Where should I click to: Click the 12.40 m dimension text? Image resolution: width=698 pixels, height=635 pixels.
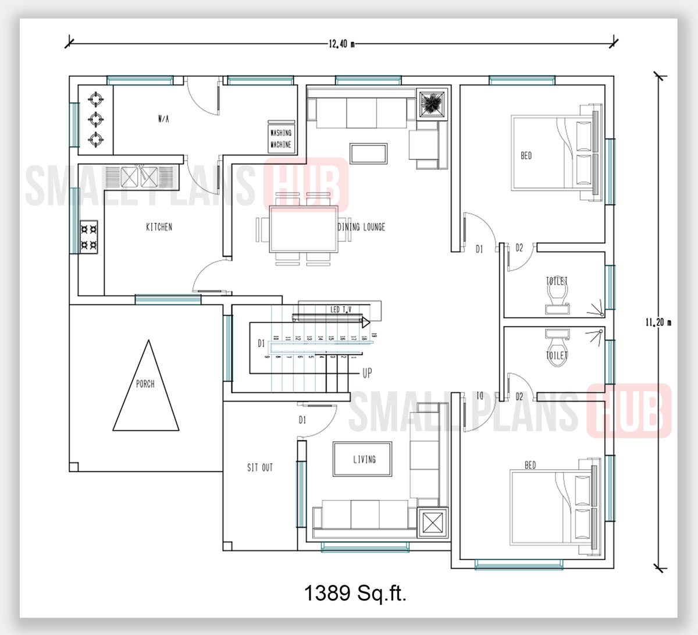coord(341,44)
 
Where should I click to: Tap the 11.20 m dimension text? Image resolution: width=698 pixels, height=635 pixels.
coord(658,322)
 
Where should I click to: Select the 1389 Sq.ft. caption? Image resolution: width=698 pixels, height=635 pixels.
coord(355,593)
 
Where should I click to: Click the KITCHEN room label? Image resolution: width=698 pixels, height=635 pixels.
coord(159,227)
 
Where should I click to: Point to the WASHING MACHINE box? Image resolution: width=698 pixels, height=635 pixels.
coord(281,138)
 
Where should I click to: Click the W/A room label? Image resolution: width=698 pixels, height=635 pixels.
coord(163,119)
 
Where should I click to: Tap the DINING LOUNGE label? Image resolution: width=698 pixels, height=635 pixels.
coord(362,227)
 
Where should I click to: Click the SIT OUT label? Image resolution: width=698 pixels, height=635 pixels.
coord(259,467)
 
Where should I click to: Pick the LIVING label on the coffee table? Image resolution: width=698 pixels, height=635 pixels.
coord(364,459)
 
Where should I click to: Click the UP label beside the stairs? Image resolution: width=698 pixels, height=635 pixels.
coord(367,373)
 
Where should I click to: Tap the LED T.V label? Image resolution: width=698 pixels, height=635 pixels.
coord(340,309)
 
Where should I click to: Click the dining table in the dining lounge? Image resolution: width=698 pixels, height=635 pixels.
coord(303,229)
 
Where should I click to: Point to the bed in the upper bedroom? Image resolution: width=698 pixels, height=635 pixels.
coord(553,153)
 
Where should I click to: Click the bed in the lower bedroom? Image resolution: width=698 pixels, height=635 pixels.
coord(553,506)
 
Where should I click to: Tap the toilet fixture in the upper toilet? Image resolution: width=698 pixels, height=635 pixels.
coord(557,297)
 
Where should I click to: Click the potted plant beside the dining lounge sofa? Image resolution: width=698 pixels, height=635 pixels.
coord(432,104)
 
